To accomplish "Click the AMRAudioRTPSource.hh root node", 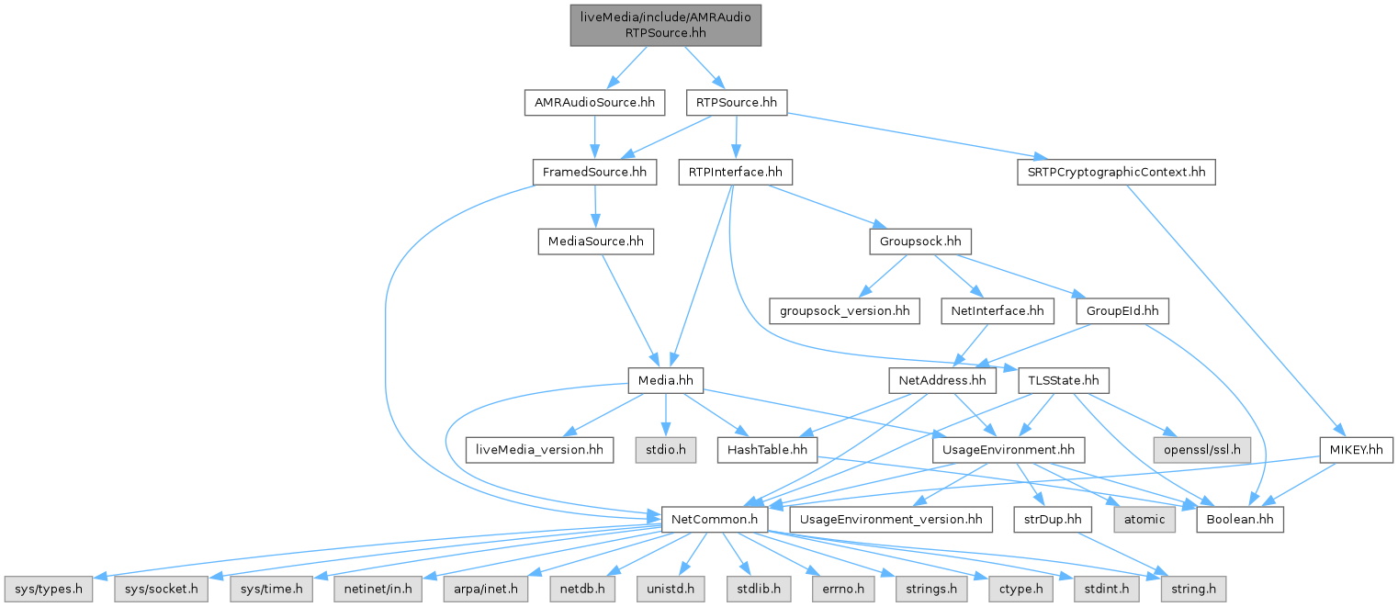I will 665,24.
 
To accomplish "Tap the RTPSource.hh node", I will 737,102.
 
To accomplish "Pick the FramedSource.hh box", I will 593,172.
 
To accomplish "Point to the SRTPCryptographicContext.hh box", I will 1116,172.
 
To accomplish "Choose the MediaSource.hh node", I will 595,242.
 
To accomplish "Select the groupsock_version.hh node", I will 845,311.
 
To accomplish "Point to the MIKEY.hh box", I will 1356,450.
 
